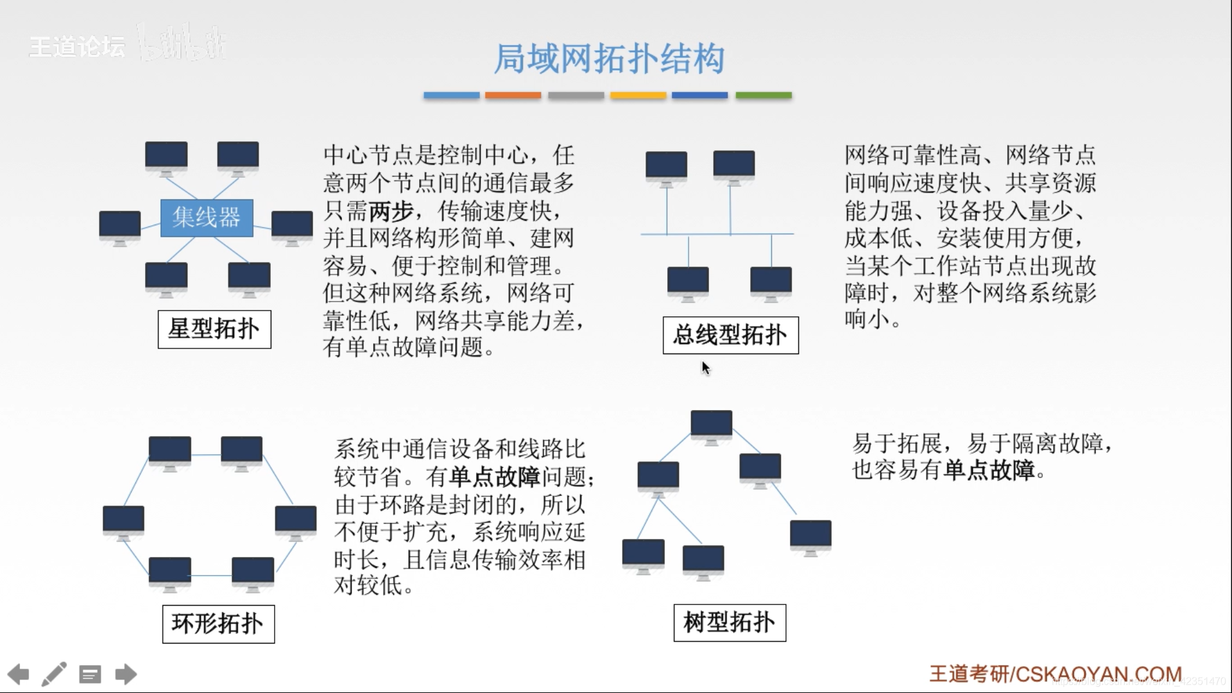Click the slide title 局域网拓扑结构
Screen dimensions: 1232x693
coord(608,59)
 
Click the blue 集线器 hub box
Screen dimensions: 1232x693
coord(206,218)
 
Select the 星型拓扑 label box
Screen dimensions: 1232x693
coord(214,329)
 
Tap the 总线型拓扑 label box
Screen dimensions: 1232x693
coord(730,335)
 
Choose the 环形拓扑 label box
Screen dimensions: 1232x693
coord(218,624)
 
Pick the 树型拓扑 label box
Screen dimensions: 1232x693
coord(730,622)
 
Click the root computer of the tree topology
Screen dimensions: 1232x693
coord(711,425)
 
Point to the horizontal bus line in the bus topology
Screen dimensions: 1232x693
coord(717,234)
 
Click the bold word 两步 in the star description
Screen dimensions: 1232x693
coord(391,211)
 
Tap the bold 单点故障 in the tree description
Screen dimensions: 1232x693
coord(989,470)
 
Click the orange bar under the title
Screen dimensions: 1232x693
coord(513,96)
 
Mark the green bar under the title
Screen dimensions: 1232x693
coord(763,96)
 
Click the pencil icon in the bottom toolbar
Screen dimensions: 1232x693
coord(54,674)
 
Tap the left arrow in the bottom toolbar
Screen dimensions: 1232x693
coord(18,674)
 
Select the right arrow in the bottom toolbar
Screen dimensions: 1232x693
coord(126,674)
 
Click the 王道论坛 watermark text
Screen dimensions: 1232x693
coord(77,47)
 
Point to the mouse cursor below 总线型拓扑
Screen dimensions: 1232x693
coord(705,367)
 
